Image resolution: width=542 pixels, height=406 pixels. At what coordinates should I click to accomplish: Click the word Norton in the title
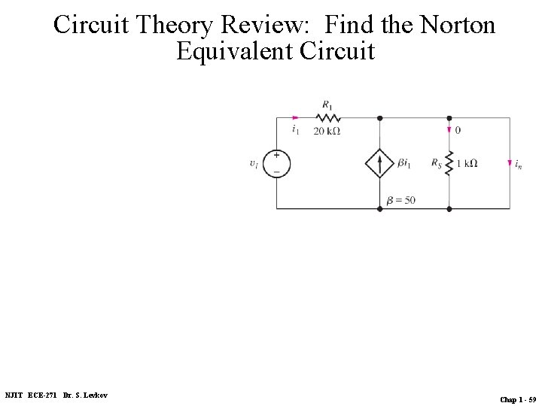tap(458, 26)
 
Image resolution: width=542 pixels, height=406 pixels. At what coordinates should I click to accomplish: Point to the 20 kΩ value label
tap(327, 131)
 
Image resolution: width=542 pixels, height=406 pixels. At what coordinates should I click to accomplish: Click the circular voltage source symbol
tap(276, 163)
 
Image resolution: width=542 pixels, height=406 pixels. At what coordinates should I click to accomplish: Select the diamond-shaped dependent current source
tap(379, 163)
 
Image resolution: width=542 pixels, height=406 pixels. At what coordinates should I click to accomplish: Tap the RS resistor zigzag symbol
tap(449, 163)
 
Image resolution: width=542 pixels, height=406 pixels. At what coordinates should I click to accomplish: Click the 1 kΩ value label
tap(467, 163)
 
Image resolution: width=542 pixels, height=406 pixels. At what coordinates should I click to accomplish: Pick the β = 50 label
tap(400, 200)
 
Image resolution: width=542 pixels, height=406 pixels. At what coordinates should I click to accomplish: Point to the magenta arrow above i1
tap(296, 117)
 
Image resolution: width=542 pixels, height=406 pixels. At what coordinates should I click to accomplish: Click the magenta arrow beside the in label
tap(510, 163)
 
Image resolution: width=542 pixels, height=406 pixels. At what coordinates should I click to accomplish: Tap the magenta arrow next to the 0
tap(449, 130)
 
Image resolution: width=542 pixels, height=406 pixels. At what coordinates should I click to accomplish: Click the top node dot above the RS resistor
tap(449, 118)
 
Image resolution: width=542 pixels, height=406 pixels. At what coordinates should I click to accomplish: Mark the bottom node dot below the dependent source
tap(379, 208)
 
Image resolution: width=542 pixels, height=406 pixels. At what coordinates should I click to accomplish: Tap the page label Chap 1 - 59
tap(518, 399)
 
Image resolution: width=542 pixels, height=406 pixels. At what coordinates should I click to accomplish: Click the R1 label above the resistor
tap(327, 105)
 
